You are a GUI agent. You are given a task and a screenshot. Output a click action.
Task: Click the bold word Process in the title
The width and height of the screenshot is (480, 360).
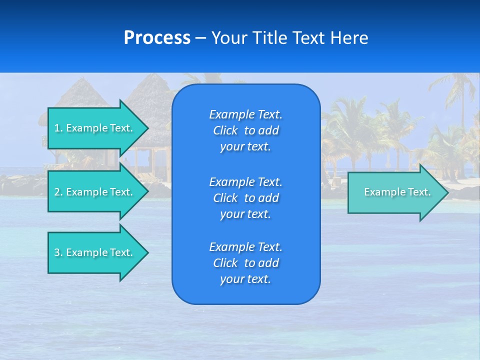point(157,38)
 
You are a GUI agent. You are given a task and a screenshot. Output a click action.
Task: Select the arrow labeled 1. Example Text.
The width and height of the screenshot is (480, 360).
point(95,128)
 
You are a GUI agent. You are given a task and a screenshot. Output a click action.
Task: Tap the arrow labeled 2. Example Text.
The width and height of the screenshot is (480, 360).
point(95,192)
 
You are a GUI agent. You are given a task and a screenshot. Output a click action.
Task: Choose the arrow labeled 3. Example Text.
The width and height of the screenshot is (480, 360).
point(95,252)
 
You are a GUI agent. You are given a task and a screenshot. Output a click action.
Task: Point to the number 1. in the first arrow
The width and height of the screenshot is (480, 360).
point(58,128)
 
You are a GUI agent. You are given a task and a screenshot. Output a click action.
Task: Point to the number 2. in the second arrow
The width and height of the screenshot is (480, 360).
point(58,192)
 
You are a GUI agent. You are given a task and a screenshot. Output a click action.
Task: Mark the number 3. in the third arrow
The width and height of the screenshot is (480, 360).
point(58,252)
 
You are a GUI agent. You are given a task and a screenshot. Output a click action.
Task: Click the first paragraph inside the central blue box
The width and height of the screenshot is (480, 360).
point(245,130)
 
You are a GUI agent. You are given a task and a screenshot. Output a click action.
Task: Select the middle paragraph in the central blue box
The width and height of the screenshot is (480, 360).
point(245,197)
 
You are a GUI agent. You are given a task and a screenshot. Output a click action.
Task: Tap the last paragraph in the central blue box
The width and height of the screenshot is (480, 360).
point(245,263)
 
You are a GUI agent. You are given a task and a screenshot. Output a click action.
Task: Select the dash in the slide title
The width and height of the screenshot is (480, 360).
point(200,38)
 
